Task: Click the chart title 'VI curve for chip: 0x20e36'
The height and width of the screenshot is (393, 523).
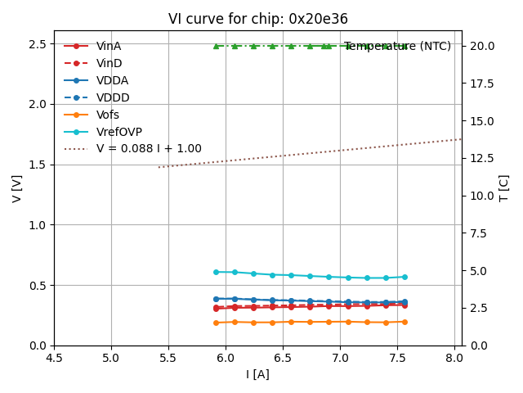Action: point(257,19)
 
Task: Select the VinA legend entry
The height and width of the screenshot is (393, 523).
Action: point(108,46)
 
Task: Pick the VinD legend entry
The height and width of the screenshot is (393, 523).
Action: point(108,63)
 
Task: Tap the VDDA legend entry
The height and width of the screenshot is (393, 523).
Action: point(112,80)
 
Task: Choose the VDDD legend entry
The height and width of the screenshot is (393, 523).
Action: point(112,97)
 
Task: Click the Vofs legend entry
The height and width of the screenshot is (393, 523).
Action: point(108,115)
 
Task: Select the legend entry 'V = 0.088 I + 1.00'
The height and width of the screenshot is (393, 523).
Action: point(148,149)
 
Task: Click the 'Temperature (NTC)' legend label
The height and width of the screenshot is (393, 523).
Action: point(397,46)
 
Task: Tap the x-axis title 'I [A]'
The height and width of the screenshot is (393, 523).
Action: point(257,374)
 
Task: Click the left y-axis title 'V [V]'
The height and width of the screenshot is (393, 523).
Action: point(17,195)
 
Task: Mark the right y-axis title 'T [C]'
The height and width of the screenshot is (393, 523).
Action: point(504,188)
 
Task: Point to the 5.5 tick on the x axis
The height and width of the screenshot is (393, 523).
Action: point(168,358)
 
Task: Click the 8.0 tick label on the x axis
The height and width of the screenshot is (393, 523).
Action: point(454,358)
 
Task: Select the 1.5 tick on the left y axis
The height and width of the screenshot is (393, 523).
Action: point(38,165)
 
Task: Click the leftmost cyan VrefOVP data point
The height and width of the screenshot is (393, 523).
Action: point(216,272)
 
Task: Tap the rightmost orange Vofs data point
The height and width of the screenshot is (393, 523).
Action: point(405,322)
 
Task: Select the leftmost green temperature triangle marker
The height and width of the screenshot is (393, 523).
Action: point(216,46)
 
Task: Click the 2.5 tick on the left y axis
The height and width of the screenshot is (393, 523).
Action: point(38,43)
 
